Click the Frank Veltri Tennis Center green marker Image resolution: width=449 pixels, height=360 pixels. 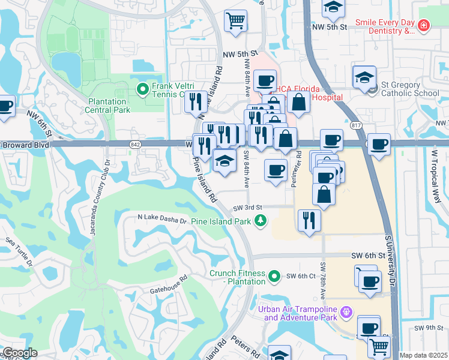pos(143,90)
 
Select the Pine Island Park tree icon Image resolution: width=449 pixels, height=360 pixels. pos(261,221)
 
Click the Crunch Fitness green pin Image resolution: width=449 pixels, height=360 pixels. pos(274,276)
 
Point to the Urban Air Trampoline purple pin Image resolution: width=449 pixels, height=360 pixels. pos(345,313)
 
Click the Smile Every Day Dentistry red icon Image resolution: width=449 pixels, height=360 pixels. pos(424,26)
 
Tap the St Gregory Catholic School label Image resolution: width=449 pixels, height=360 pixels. pos(410,93)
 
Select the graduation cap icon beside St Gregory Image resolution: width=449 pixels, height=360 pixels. pos(364,78)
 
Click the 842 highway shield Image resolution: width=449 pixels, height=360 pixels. pos(134,144)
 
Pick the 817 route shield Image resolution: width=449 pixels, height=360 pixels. pos(357,125)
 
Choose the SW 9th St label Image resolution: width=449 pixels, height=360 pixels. pos(429,328)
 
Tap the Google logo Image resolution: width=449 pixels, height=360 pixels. pos(20,353)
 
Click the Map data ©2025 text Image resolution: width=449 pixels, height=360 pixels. pos(423,355)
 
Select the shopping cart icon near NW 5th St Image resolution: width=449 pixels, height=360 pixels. pos(236,20)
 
